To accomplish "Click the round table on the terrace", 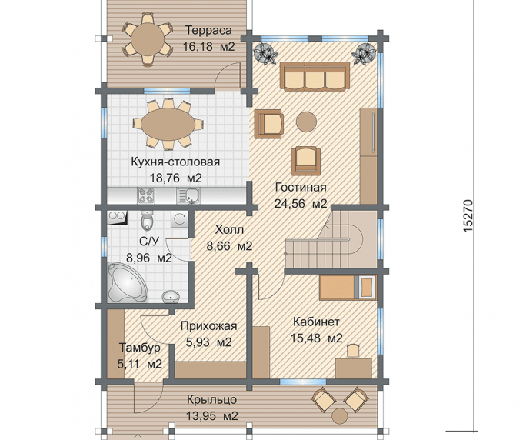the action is [x=148, y=38].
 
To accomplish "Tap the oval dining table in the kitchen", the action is [x=168, y=124].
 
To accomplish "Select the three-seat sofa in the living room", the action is [x=315, y=76].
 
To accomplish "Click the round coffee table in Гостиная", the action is [x=306, y=122].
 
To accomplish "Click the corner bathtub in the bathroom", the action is [x=128, y=282].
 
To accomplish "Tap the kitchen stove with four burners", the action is [x=146, y=195].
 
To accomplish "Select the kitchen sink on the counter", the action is [x=188, y=195].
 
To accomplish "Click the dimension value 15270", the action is [x=468, y=215].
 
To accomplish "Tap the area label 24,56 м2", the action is [x=301, y=203].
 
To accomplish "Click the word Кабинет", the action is [x=316, y=322].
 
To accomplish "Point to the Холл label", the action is [x=229, y=230].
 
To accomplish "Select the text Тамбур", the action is [x=140, y=348].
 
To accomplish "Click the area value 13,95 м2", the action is [x=212, y=416].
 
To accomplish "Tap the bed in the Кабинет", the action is [x=347, y=287].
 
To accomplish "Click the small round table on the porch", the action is [x=340, y=416].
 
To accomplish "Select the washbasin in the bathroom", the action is [x=171, y=297].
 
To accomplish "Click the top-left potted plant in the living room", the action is [x=265, y=53].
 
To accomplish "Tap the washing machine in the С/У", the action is [x=179, y=219].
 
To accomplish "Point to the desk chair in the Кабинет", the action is [x=352, y=351].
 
